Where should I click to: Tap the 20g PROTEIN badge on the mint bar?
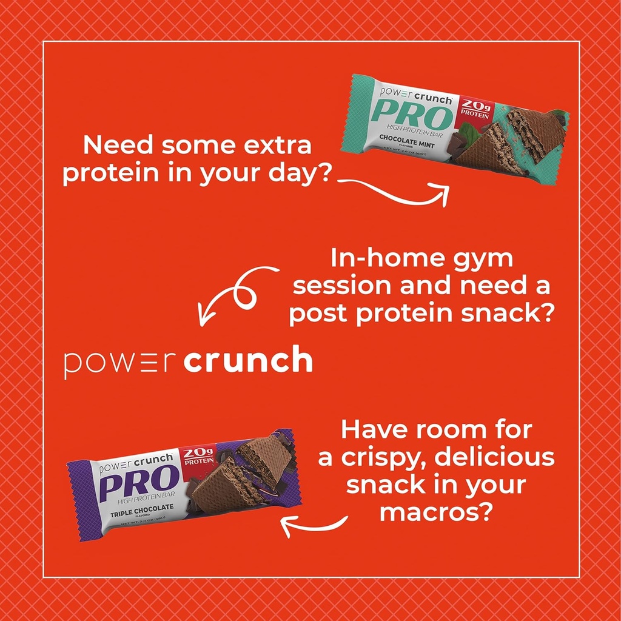pyautogui.click(x=475, y=108)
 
